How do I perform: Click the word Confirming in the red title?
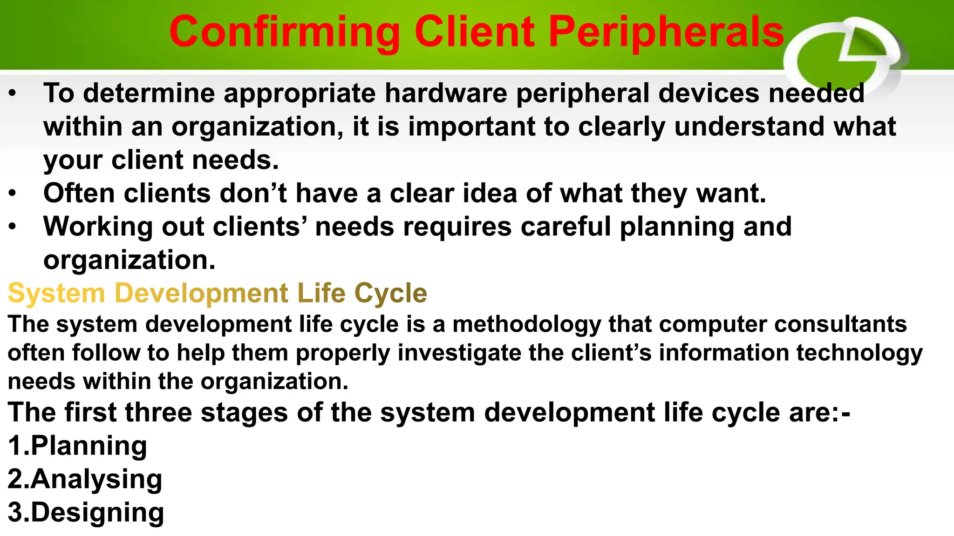[x=285, y=33]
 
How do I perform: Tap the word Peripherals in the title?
[x=666, y=33]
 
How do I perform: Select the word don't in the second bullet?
[x=253, y=193]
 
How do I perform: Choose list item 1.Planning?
[x=77, y=446]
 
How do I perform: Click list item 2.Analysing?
[x=85, y=479]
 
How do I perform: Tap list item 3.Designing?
[x=86, y=512]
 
